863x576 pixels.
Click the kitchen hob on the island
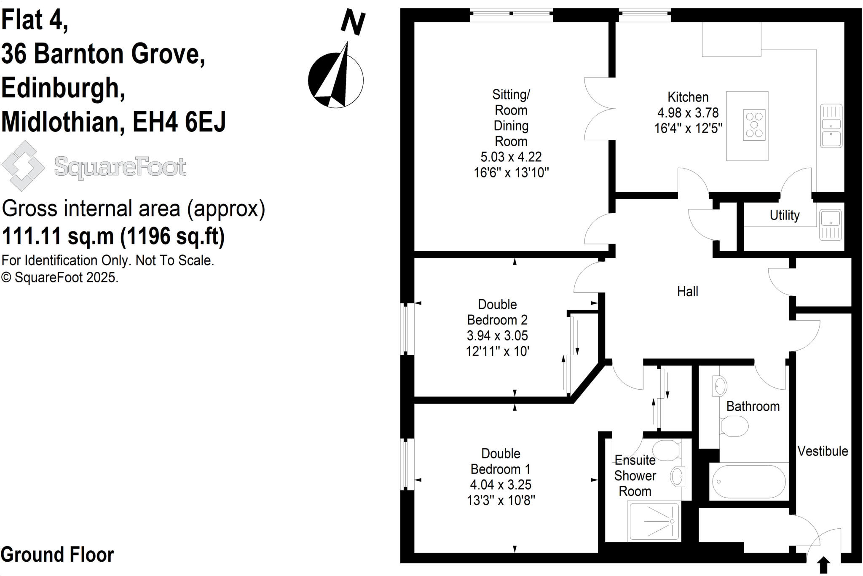point(754,125)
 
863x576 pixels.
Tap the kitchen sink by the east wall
point(831,126)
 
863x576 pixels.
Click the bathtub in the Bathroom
point(748,482)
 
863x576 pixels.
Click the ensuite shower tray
point(654,521)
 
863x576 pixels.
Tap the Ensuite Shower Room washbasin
point(678,477)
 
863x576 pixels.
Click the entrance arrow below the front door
point(823,565)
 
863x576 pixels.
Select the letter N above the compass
point(353,23)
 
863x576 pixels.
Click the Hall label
point(687,292)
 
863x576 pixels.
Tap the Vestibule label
point(822,451)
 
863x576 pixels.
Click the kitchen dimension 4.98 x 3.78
point(688,113)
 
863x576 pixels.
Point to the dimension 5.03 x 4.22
point(511,157)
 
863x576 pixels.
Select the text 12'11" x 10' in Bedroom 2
point(497,351)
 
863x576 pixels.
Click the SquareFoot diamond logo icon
point(23,166)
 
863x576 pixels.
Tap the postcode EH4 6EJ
point(179,122)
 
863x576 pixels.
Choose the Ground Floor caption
point(57,555)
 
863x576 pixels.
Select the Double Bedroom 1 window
point(406,464)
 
